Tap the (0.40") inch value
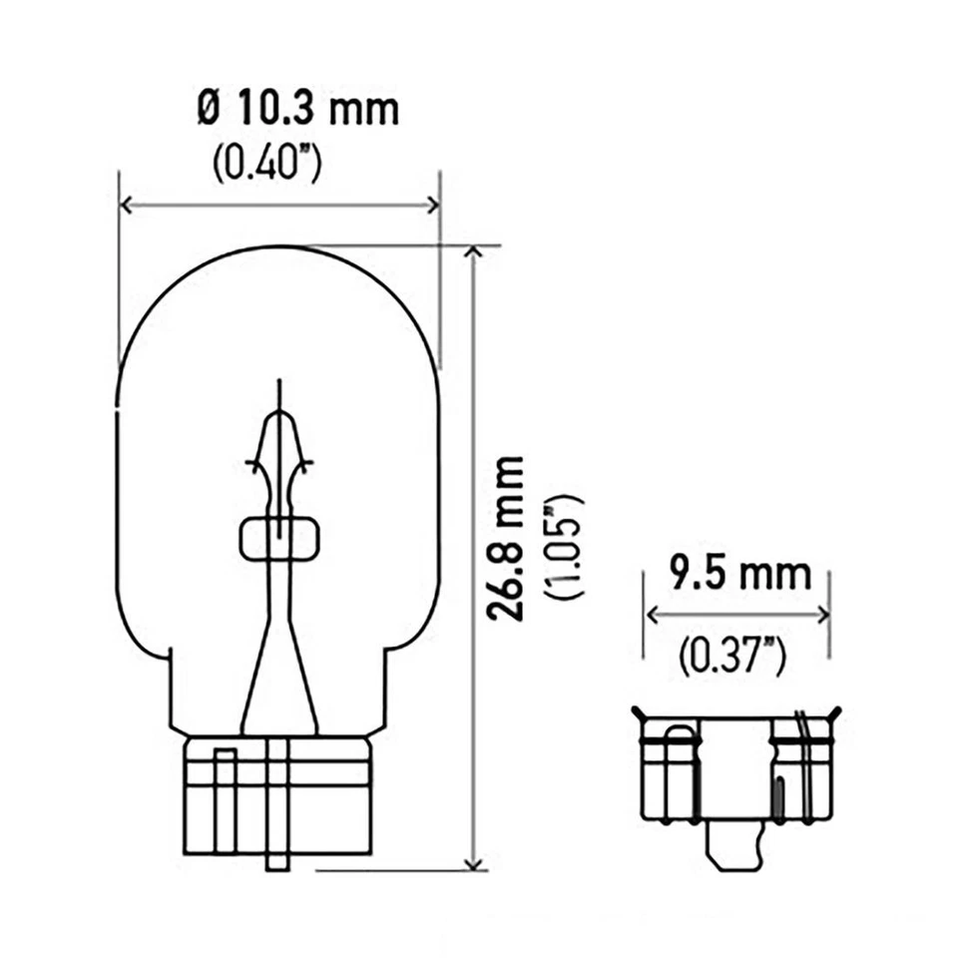tap(266, 164)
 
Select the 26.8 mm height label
tap(509, 540)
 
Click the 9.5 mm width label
tap(739, 576)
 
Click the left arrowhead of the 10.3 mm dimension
tap(125, 205)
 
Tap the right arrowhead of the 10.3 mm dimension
tap(433, 205)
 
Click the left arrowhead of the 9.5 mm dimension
tap(652, 614)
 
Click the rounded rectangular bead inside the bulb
tap(279, 539)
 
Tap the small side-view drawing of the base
tap(736, 778)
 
